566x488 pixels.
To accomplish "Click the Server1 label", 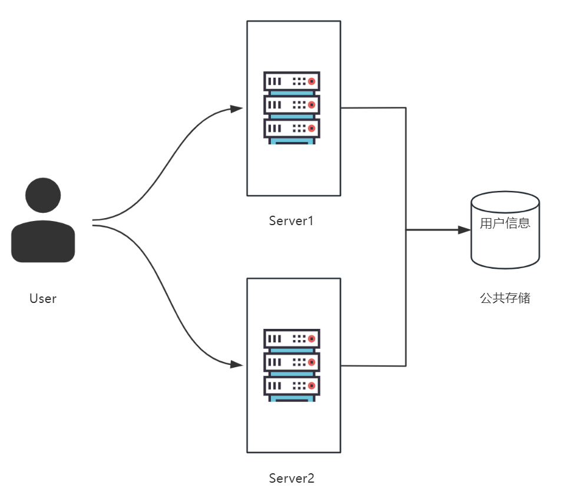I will pos(292,221).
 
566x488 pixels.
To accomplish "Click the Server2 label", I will pos(292,478).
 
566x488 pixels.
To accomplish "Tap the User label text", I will pos(43,298).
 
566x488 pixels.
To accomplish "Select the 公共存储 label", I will pos(505,298).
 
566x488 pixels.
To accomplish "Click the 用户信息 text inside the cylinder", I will pos(505,223).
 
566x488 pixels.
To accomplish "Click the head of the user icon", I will pos(43,196).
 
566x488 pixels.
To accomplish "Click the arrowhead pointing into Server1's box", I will pos(237,108).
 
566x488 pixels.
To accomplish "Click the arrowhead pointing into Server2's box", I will pos(237,364).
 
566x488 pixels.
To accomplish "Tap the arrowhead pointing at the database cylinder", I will pos(465,230).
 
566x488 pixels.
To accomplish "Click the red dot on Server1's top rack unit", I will pos(312,81).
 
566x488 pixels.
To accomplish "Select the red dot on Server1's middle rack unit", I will pos(312,105).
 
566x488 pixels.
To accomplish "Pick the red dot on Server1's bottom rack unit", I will pos(312,128).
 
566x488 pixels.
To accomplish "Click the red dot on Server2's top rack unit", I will pos(312,339).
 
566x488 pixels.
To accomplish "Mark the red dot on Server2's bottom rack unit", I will pos(312,386).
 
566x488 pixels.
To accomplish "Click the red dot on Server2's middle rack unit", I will pos(312,362).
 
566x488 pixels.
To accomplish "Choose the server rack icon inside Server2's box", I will pos(292,365).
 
